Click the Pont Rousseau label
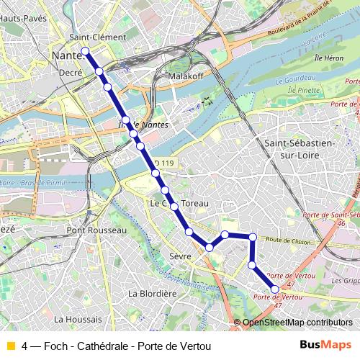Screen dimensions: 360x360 [96, 230]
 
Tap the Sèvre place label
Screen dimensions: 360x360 [180, 256]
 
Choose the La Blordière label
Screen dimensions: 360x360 [152, 293]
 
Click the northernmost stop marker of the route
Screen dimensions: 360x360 [85, 50]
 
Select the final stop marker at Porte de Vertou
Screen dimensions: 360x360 [275, 309]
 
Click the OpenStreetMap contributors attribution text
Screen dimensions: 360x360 [292, 323]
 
